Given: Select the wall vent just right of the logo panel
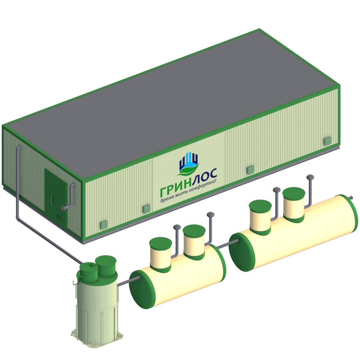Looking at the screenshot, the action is pyautogui.click(x=250, y=170).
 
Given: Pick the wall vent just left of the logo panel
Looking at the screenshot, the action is pyautogui.click(x=146, y=209).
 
